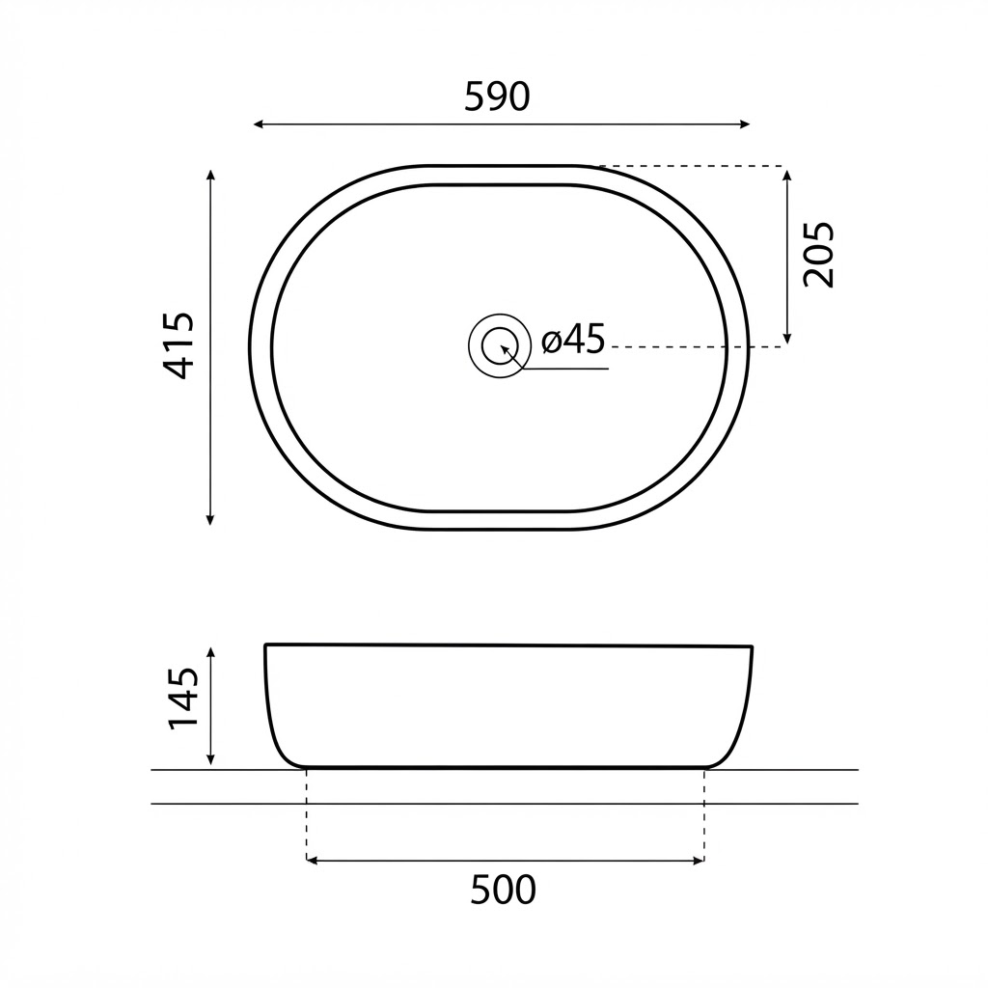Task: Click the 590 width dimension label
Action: (x=497, y=97)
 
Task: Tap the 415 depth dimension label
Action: (x=178, y=345)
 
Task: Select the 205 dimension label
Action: (x=818, y=255)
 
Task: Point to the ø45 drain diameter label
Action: (x=573, y=339)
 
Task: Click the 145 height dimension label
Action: (x=183, y=699)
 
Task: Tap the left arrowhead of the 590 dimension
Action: (x=258, y=124)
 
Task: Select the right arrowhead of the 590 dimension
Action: (x=745, y=124)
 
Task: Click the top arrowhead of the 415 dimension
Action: (x=210, y=175)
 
